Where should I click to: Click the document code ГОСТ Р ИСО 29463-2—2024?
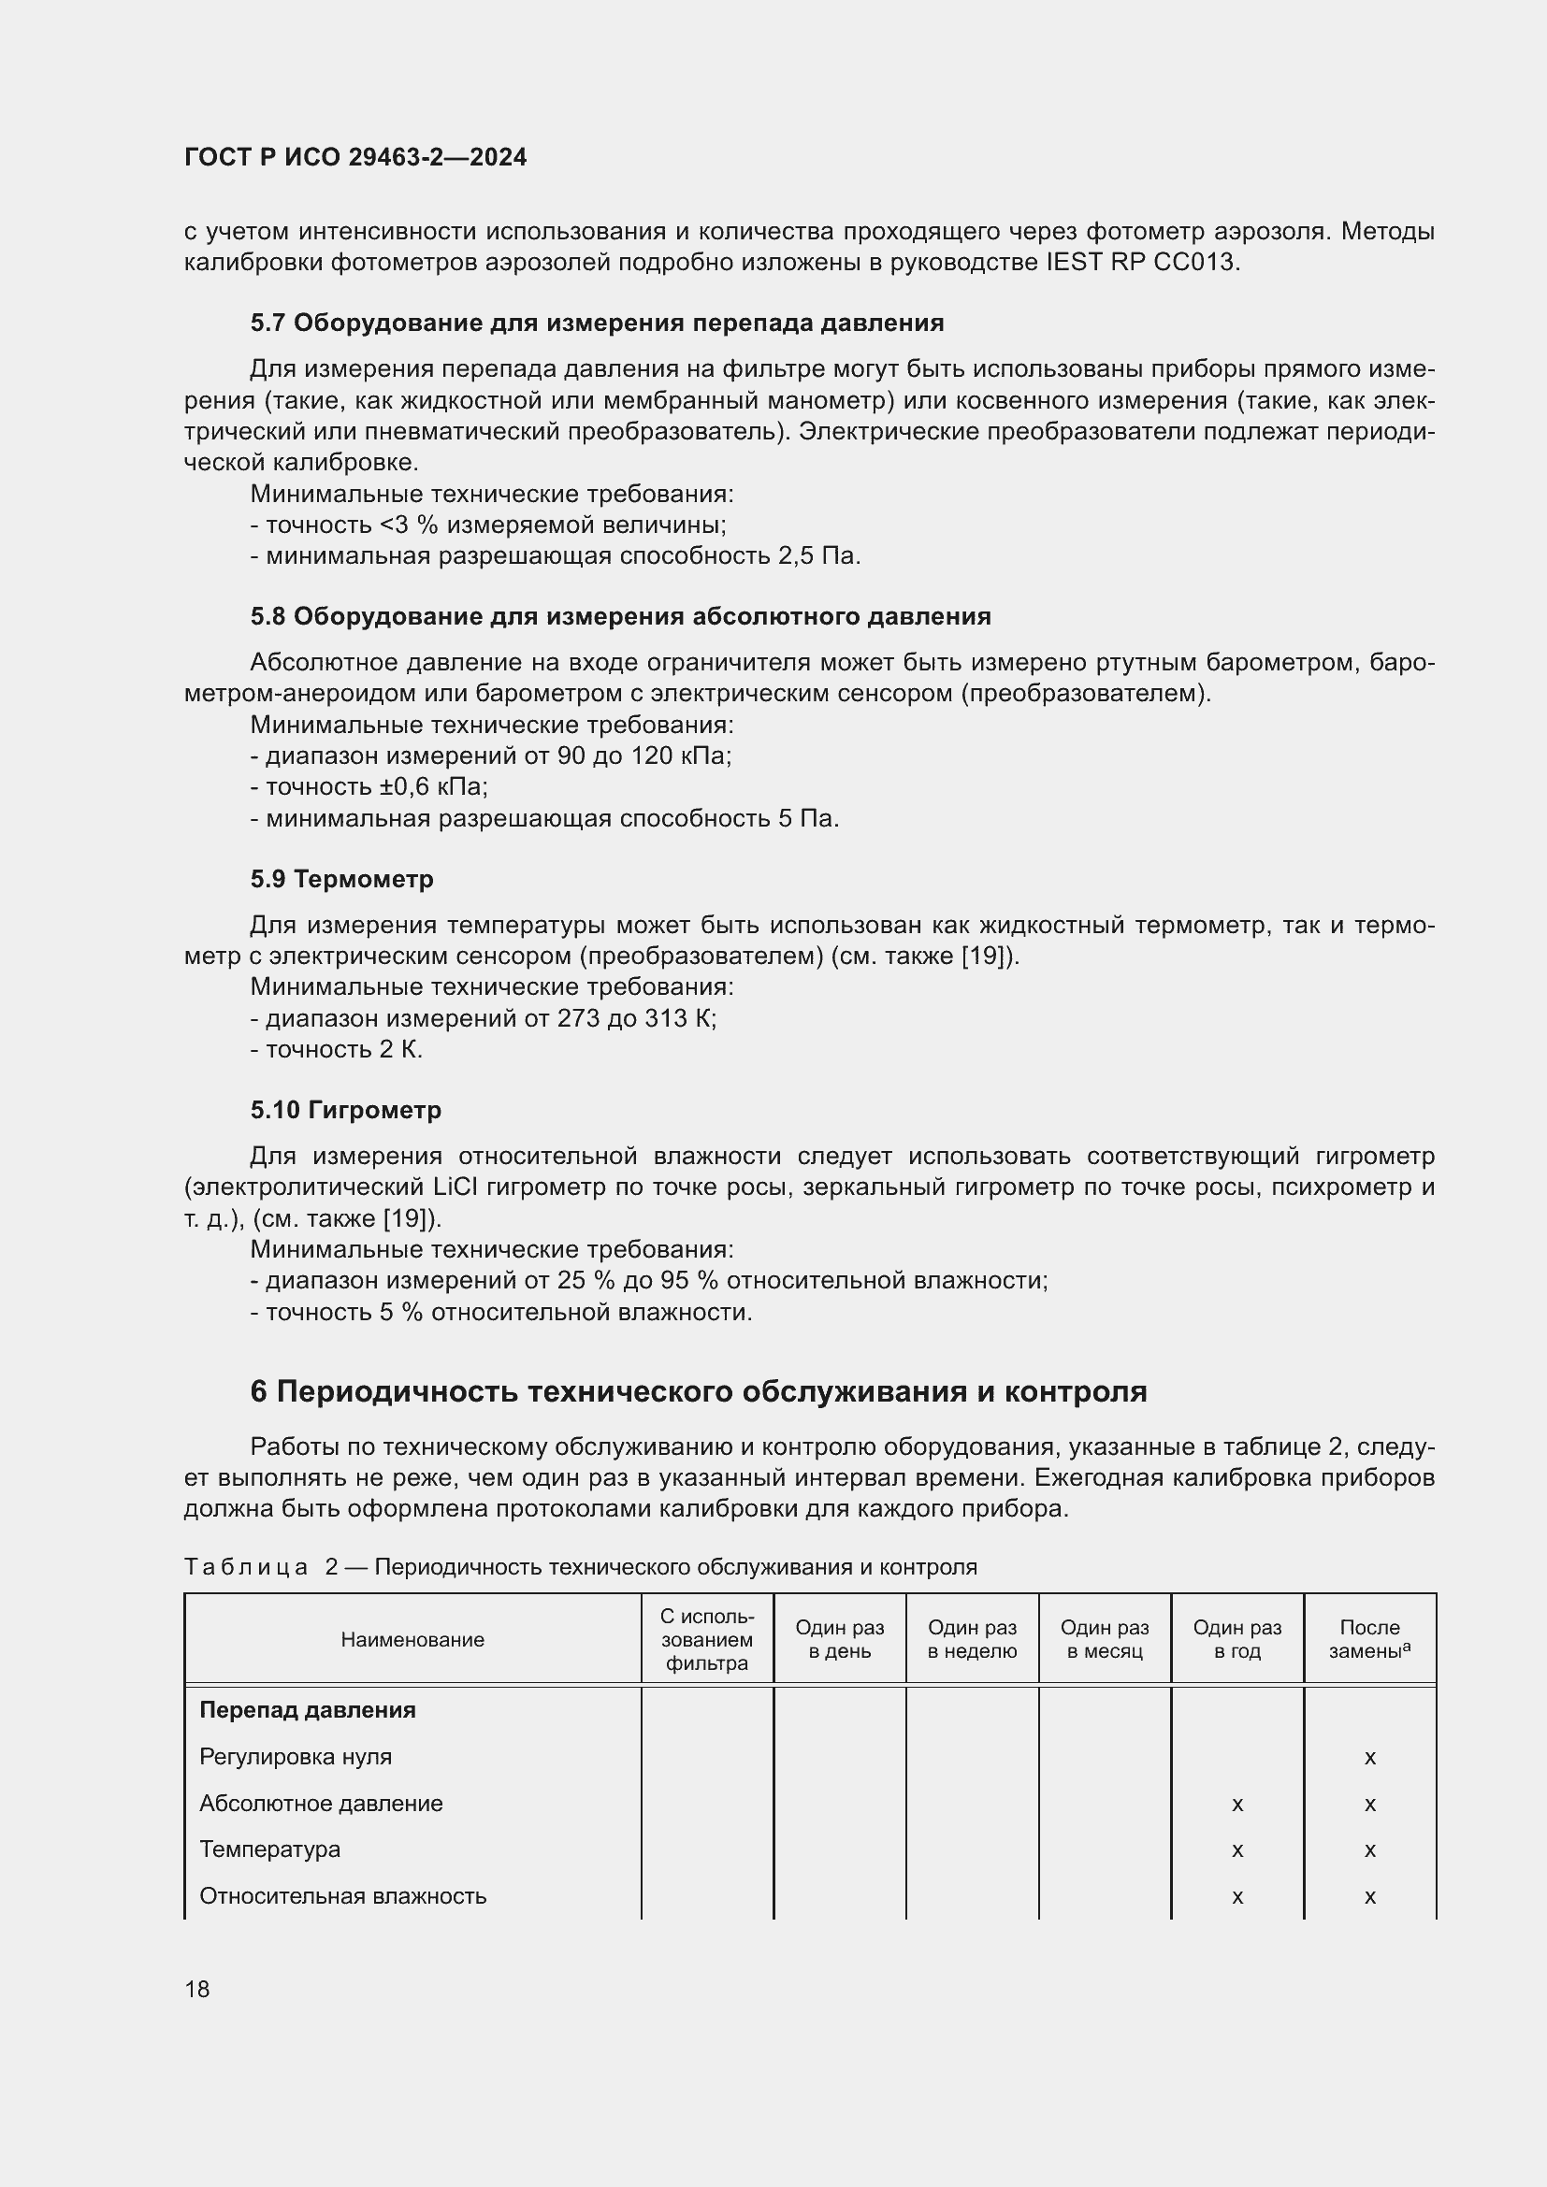[x=355, y=157]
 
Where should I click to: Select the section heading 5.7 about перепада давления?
[x=597, y=323]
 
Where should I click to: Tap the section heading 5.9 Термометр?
[x=341, y=878]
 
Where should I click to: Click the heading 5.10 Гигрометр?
[x=346, y=1110]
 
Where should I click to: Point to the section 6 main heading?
[x=699, y=1391]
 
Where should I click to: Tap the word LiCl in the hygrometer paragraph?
[x=462, y=1187]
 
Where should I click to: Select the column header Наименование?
[x=412, y=1639]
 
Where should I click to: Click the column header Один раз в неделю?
[x=972, y=1639]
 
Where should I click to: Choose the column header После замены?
[x=1369, y=1639]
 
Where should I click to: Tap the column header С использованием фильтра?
[x=707, y=1639]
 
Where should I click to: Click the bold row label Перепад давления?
[x=307, y=1710]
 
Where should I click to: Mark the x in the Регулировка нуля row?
[x=1370, y=1758]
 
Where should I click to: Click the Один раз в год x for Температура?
[x=1237, y=1849]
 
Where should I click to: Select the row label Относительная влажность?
[x=343, y=1895]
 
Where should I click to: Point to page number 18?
[x=197, y=1989]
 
